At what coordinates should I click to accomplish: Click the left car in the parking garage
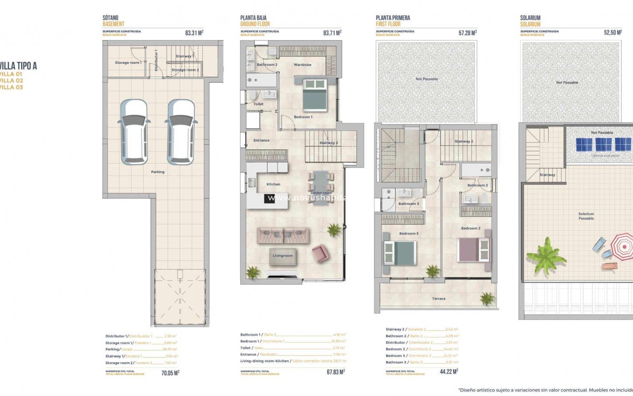(134, 132)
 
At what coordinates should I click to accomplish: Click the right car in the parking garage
(181, 132)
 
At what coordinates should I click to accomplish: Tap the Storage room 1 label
(128, 63)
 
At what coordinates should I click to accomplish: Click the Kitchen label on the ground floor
(273, 184)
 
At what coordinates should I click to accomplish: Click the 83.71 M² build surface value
(332, 33)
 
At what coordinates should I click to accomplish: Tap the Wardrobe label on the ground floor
(302, 65)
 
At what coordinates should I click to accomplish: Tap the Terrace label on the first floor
(438, 299)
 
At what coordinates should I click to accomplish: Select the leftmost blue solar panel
(584, 145)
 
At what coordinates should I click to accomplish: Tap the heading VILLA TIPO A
(18, 66)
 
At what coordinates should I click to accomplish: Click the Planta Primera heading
(393, 18)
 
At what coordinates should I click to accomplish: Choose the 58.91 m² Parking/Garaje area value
(170, 349)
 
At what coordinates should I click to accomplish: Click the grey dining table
(320, 188)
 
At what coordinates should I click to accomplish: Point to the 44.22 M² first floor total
(449, 372)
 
